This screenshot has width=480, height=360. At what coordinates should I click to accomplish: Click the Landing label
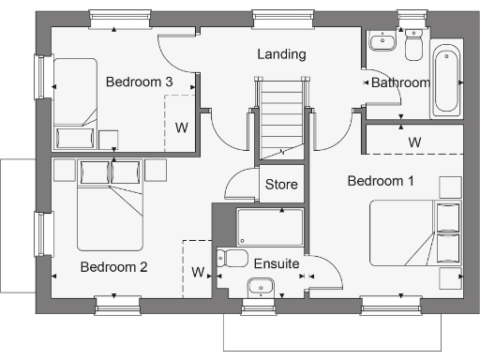tap(281, 54)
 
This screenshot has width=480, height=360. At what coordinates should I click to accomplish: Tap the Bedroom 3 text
tap(139, 82)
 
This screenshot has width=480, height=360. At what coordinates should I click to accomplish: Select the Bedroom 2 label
tap(113, 267)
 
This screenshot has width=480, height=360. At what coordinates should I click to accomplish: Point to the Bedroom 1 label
tap(381, 180)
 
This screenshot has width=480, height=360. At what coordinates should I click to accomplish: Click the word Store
tap(281, 185)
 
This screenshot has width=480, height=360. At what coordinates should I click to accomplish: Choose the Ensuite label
tap(277, 265)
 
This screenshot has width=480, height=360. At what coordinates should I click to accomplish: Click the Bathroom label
tap(399, 82)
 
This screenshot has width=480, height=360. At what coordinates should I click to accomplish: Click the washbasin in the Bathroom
tap(382, 42)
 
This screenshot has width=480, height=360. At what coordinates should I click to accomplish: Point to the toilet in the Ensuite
tap(232, 258)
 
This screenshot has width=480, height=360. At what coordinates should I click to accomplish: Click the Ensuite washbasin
tap(258, 286)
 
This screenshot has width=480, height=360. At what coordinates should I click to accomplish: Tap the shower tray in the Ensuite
tap(270, 227)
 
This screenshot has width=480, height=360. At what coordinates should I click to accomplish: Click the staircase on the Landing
tap(281, 117)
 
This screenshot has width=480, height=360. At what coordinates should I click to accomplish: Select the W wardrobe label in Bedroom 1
tap(413, 142)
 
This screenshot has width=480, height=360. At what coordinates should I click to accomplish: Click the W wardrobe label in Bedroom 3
tap(182, 127)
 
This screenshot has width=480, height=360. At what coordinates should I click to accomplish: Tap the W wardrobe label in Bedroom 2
tap(198, 273)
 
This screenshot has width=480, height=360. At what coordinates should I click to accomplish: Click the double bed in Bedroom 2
tap(110, 203)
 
